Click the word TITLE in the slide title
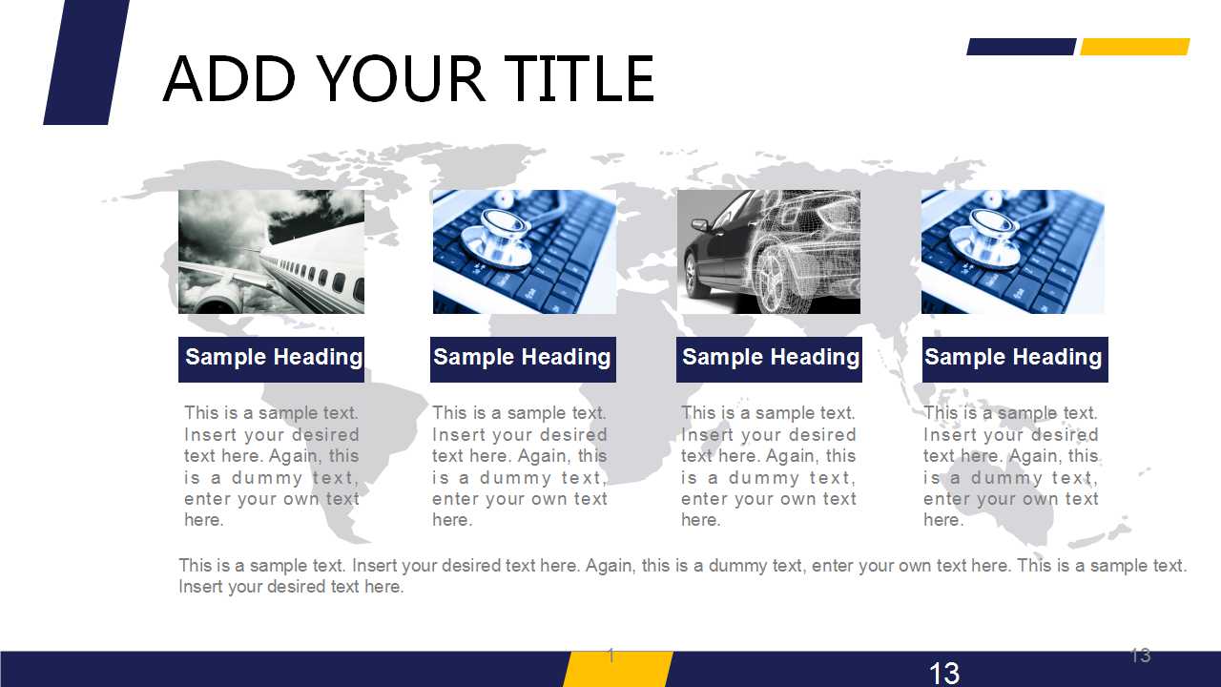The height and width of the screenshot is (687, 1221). click(578, 79)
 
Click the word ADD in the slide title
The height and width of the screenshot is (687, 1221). click(229, 79)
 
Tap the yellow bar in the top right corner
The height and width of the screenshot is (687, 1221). click(1135, 47)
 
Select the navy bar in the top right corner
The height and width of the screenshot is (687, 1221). click(1022, 47)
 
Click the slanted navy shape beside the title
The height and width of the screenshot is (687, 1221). click(86, 62)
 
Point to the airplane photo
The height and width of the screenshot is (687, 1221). click(271, 251)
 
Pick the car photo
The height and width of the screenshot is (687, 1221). click(769, 251)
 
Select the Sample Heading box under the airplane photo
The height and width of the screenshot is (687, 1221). click(271, 360)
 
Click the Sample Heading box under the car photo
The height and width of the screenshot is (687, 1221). click(769, 360)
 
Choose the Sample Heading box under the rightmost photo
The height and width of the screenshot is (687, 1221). click(1015, 360)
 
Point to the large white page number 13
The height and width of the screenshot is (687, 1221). click(944, 674)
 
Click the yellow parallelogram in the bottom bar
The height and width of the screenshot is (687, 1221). click(618, 669)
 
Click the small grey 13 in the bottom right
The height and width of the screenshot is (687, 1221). click(1140, 656)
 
